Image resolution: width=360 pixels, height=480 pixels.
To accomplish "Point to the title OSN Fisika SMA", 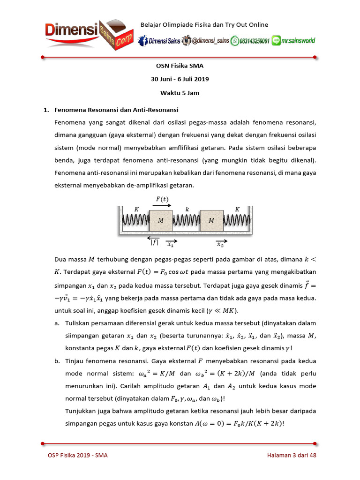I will point(180,66).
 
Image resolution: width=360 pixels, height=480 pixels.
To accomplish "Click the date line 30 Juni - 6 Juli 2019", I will point(180,79).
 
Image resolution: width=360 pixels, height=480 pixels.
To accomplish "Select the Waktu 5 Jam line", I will point(180,93).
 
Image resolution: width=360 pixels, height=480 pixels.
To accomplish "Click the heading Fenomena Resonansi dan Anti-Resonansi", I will point(116,110).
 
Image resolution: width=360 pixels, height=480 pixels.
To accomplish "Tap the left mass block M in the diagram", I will point(161,220).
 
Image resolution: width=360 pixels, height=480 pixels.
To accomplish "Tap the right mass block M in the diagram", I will point(211,220).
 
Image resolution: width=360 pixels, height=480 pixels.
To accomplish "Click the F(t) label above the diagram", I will point(162,199).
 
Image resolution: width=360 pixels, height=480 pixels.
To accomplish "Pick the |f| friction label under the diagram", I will point(154,242).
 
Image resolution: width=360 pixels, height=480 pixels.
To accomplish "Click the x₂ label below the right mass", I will point(220,244).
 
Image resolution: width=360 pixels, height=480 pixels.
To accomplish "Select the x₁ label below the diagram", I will point(171,244).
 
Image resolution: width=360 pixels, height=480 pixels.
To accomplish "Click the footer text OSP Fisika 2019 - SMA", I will point(77,455).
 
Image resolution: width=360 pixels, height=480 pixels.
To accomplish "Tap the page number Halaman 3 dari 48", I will point(292,455).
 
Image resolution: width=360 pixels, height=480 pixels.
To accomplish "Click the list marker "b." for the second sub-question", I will point(57,361).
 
